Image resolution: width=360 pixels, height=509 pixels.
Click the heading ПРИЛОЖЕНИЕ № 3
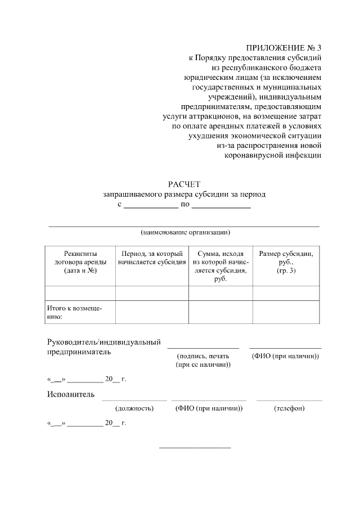(x=283, y=47)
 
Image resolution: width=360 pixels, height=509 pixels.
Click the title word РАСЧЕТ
(x=184, y=184)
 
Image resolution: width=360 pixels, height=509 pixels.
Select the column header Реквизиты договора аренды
(x=80, y=262)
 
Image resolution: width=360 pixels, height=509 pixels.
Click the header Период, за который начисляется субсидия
(x=152, y=258)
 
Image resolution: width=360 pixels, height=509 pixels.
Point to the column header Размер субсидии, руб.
(x=286, y=262)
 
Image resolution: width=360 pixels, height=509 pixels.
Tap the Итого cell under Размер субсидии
(x=286, y=312)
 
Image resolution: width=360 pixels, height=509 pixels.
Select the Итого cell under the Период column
(x=152, y=312)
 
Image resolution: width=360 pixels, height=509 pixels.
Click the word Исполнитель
(x=70, y=394)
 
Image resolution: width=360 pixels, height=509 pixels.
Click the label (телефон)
(x=289, y=408)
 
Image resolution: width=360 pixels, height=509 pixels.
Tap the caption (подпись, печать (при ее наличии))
(x=203, y=361)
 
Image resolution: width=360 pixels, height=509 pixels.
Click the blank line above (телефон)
(x=289, y=400)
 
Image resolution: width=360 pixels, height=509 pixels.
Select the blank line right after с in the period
(x=151, y=208)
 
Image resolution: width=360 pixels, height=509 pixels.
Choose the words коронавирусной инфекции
(x=273, y=156)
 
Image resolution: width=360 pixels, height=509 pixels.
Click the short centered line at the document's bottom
(x=195, y=447)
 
